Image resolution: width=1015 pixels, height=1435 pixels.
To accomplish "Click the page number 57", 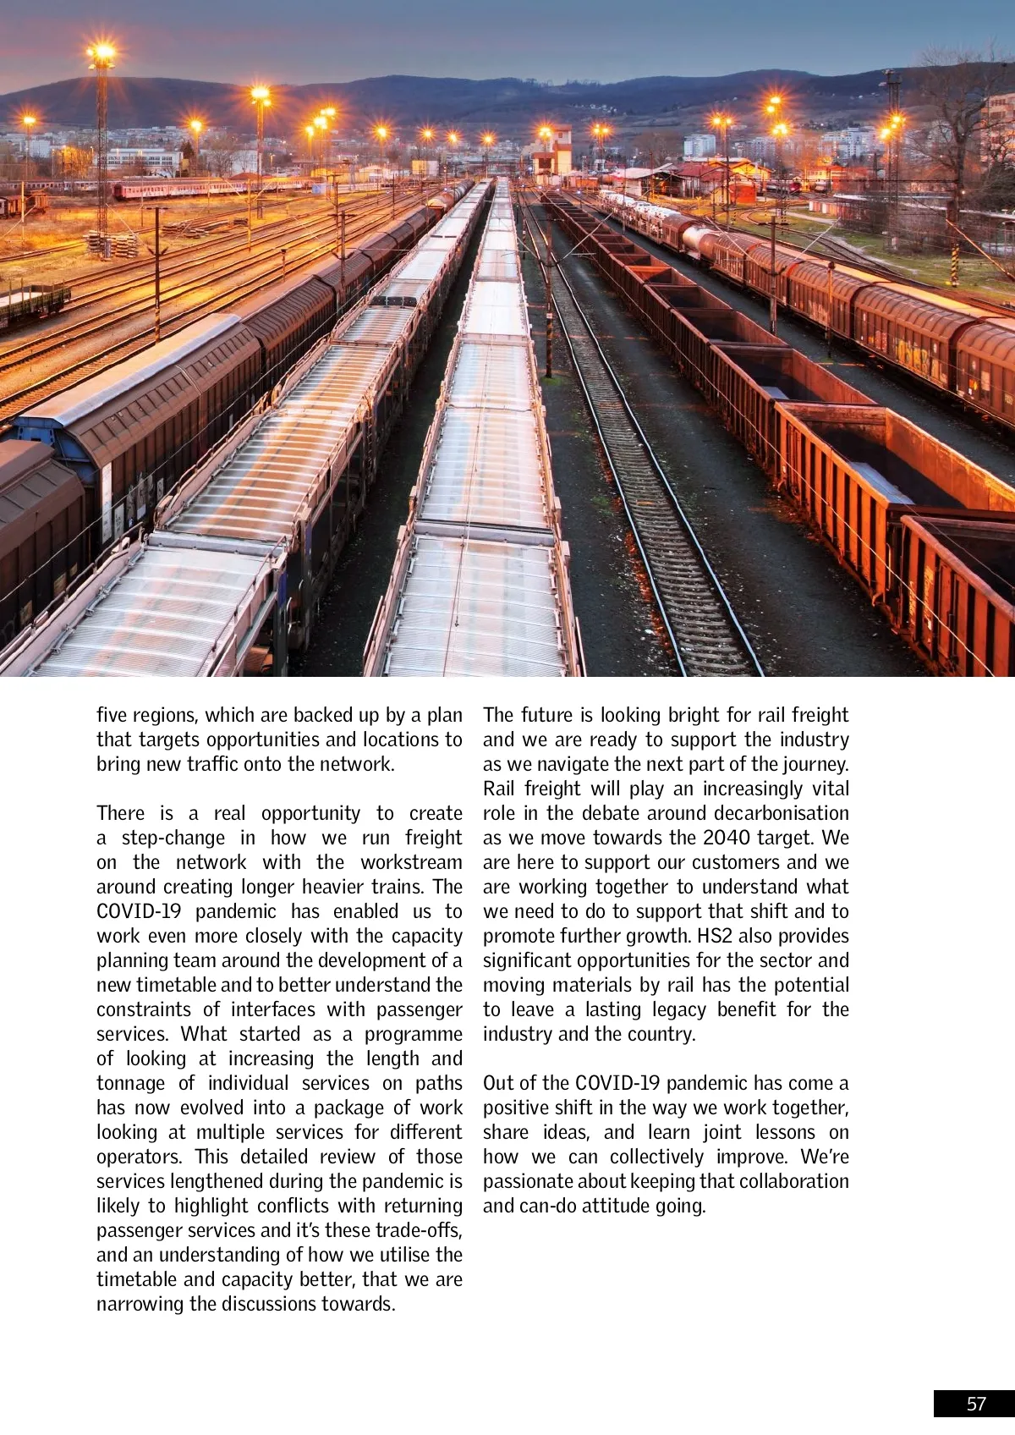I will pos(976,1404).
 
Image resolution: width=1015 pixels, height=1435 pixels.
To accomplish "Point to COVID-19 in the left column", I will pos(139,911).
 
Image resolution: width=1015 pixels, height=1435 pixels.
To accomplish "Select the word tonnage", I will pos(131,1083).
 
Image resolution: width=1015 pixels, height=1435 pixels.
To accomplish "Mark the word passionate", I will pos(525,1181).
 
